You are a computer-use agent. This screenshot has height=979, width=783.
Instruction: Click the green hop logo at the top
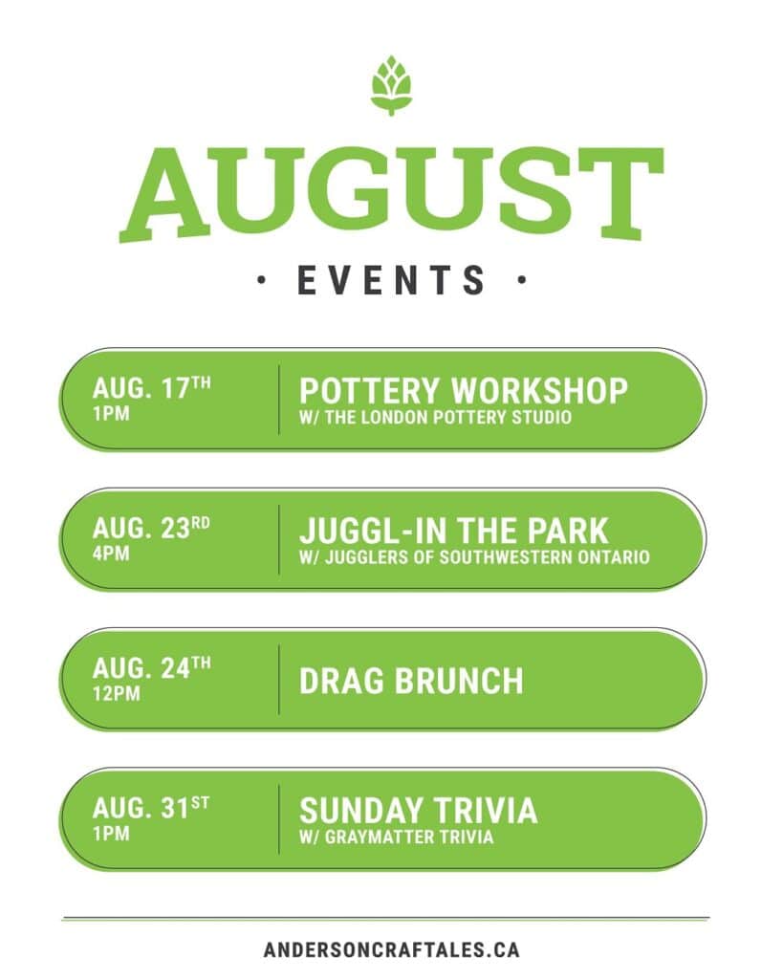point(391,85)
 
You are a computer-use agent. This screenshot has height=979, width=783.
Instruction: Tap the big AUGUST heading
point(392,194)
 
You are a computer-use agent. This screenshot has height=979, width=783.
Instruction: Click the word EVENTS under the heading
point(392,280)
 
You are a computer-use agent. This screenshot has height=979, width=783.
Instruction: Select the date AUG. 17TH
point(152,388)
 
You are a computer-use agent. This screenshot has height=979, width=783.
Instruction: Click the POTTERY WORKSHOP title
point(464,391)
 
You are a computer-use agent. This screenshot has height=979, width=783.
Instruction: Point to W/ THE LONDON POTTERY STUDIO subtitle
point(435,418)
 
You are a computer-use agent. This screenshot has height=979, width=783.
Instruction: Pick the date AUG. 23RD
point(151,528)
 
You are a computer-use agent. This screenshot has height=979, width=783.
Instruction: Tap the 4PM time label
point(111,554)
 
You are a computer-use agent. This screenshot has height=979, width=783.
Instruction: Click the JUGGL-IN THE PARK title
point(454,531)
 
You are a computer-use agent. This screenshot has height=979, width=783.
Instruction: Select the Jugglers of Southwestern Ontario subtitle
point(474,557)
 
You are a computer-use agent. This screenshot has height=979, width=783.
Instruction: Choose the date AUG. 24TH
point(152,667)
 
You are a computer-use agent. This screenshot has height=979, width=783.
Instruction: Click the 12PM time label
point(117,693)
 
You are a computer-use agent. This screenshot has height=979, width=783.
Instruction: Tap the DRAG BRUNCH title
point(411,681)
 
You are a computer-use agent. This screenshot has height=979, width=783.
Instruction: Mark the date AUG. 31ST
point(151,807)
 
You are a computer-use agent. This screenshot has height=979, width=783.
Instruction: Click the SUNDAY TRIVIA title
point(419,811)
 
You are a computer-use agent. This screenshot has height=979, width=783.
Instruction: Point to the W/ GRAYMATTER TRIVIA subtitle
point(397,838)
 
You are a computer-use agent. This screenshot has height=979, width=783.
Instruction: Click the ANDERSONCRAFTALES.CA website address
point(392,950)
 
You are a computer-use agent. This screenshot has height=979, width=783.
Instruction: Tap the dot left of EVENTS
point(261,280)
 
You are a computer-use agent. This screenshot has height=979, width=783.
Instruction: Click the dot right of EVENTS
point(521,280)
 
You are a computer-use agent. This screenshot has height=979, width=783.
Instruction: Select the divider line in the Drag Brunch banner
point(278,680)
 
